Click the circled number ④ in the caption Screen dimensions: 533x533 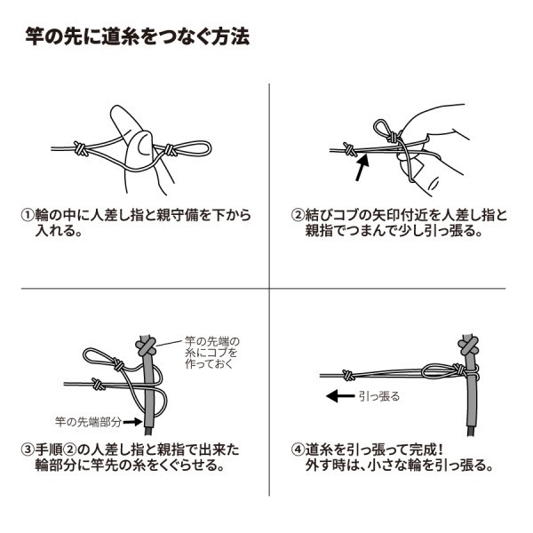[x=298, y=449]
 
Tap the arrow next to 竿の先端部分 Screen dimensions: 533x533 [x=131, y=420]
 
